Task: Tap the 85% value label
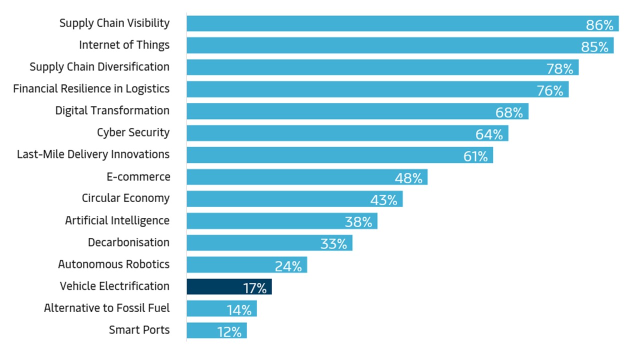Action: tap(594, 47)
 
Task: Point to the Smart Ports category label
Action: tap(139, 330)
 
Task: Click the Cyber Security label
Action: tap(133, 132)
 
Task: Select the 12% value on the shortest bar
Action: tap(229, 331)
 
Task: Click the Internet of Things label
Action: tap(124, 45)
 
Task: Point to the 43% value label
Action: tap(383, 200)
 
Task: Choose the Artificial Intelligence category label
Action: tap(117, 220)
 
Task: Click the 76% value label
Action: tap(550, 90)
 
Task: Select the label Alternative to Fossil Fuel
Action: tap(106, 308)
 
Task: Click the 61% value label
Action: tap(475, 156)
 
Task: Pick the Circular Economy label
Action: tap(125, 198)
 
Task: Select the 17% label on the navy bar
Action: tap(254, 288)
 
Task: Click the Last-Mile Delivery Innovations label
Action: tap(93, 154)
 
